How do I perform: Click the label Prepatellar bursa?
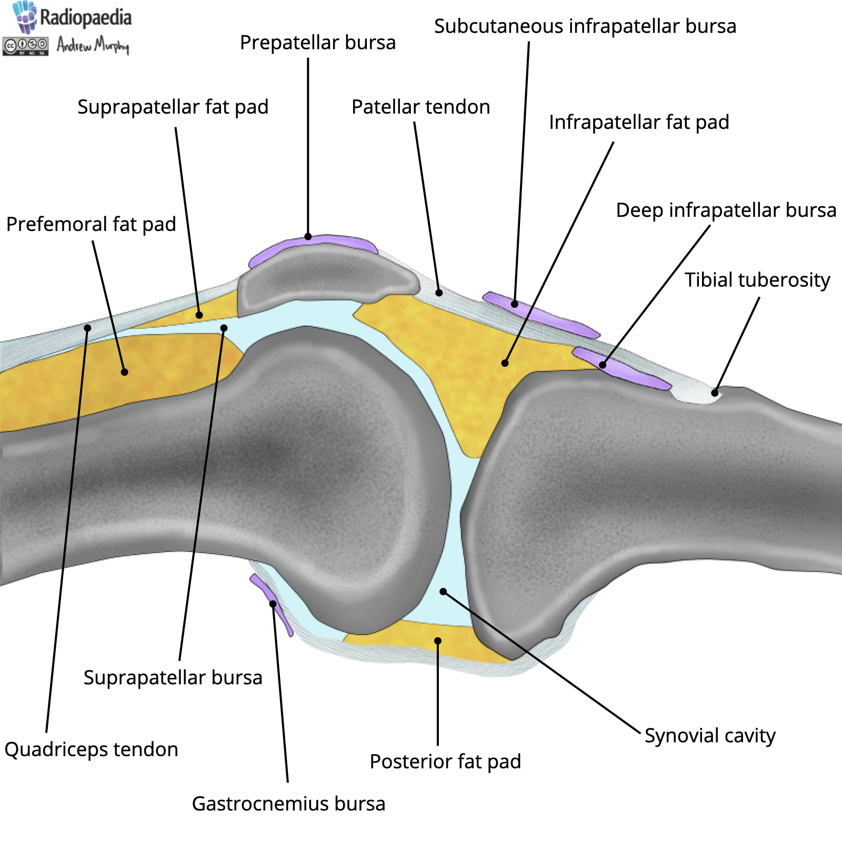317,43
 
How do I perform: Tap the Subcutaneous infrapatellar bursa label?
585,26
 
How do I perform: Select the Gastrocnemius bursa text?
288,804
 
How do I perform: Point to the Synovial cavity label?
710,735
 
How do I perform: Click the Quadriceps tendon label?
91,749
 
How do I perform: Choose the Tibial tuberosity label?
757,280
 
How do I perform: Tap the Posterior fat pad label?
445,761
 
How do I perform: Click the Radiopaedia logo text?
85,17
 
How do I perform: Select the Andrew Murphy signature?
93,46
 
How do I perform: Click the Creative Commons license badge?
25,46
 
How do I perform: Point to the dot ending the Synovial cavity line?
443,592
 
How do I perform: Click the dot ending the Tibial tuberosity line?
715,393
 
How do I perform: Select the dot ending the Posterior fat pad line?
438,640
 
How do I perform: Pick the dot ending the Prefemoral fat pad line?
125,372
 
